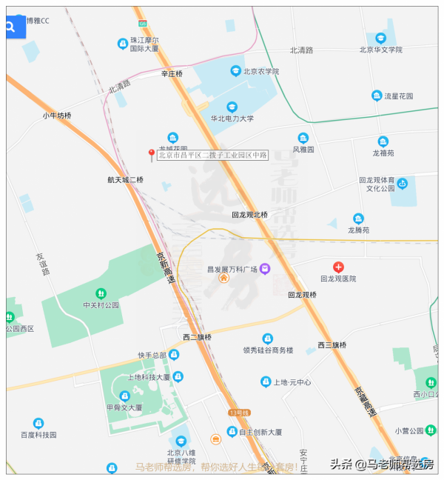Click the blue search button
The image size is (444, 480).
point(11,27)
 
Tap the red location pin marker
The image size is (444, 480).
point(152,154)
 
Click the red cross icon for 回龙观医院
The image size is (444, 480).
point(338,267)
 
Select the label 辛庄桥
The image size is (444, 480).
point(172,74)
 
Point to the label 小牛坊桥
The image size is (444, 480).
point(57,116)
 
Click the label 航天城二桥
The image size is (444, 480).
point(125,180)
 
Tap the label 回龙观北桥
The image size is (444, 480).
point(249,215)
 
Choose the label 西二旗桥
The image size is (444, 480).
point(198,338)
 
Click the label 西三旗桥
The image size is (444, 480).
point(332,345)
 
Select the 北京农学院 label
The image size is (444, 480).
point(260,72)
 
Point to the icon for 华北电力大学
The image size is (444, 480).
point(232,107)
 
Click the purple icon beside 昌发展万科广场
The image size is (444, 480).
point(264,269)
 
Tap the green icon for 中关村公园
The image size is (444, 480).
point(101,293)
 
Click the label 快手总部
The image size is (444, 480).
point(152,355)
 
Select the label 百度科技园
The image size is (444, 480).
point(38,435)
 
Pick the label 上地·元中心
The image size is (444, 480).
point(292,382)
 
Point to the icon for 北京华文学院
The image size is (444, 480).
point(380,38)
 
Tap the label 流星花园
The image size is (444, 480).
point(399,96)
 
